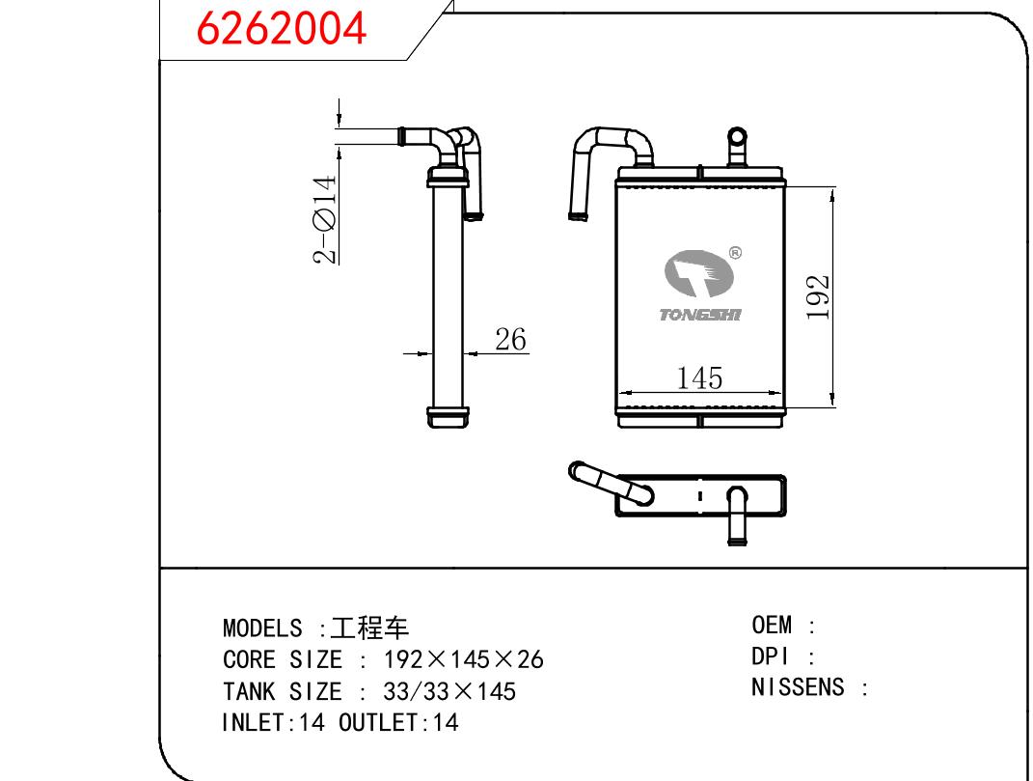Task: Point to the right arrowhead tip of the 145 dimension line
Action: pyautogui.click(x=782, y=393)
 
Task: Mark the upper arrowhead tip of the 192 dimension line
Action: pyautogui.click(x=832, y=188)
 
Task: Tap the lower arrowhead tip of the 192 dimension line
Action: pyautogui.click(x=832, y=406)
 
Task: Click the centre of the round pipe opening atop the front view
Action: pyautogui.click(x=737, y=137)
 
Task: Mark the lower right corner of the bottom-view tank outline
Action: pyautogui.click(x=784, y=515)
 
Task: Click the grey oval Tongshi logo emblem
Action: pyautogui.click(x=698, y=273)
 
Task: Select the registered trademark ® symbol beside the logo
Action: pyautogui.click(x=735, y=253)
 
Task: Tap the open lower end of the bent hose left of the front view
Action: pyautogui.click(x=577, y=215)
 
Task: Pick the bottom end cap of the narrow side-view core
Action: pyautogui.click(x=448, y=418)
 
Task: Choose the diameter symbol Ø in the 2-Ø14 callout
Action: pyautogui.click(x=325, y=220)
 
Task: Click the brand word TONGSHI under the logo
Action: pyautogui.click(x=700, y=315)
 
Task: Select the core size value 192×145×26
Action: pyautogui.click(x=464, y=659)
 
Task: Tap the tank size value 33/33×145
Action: pyautogui.click(x=449, y=691)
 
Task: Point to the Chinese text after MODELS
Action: pyautogui.click(x=369, y=628)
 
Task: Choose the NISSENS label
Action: pyautogui.click(x=798, y=687)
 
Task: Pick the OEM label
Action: pyautogui.click(x=772, y=625)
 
